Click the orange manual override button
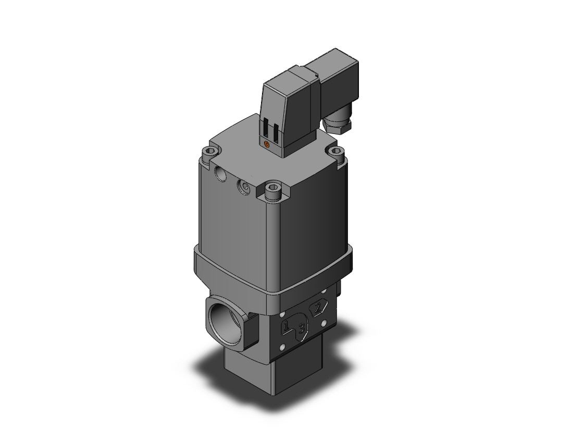(x=267, y=145)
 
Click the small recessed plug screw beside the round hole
(x=243, y=187)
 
